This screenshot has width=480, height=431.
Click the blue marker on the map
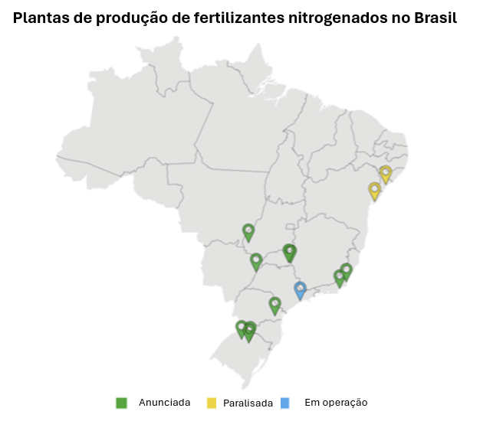click(x=300, y=289)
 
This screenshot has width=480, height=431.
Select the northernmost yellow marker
click(x=386, y=174)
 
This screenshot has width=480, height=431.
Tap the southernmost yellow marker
click(x=374, y=190)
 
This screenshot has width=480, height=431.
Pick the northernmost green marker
click(x=248, y=231)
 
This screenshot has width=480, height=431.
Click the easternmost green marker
click(x=346, y=271)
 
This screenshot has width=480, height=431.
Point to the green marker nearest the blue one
click(x=275, y=305)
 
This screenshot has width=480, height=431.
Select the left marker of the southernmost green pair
click(x=242, y=328)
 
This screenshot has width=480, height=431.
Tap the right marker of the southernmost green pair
click(x=249, y=331)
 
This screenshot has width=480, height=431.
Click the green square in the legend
click(x=121, y=403)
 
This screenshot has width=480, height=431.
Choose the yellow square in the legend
click(x=212, y=403)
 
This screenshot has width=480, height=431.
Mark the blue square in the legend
click(x=285, y=403)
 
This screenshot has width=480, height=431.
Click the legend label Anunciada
click(x=164, y=403)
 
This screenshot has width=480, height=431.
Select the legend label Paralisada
click(x=248, y=403)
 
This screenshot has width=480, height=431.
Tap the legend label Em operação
click(x=336, y=403)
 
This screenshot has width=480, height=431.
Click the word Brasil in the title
click(x=434, y=19)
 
